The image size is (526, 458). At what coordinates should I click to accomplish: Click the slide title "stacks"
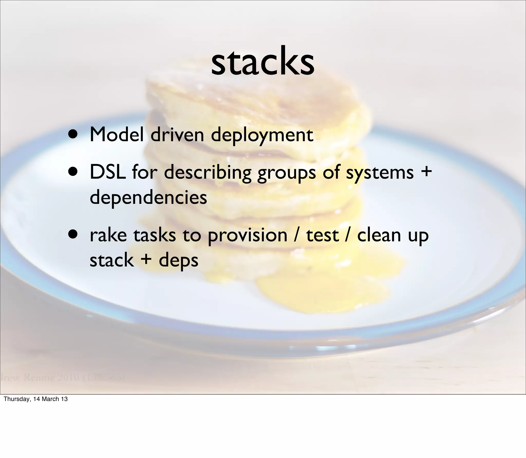262,62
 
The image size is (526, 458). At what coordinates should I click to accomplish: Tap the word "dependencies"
148,197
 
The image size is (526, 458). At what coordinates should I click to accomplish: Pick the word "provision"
247,236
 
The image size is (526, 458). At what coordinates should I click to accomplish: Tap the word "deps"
179,261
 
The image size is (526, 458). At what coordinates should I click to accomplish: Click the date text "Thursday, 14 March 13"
36,399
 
